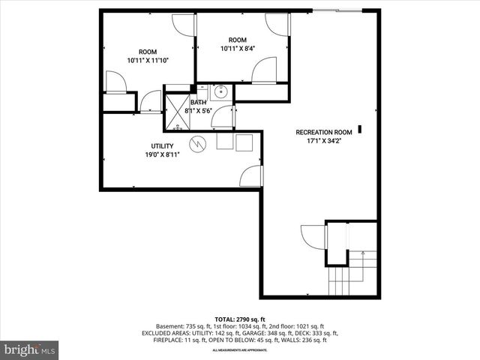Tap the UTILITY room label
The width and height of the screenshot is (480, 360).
163,146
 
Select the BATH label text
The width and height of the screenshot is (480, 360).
198,103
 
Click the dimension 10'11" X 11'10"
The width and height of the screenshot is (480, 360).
148,60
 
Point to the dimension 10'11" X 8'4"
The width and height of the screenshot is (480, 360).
237,49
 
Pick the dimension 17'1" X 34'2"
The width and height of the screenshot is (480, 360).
322,140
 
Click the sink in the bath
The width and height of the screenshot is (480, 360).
220,93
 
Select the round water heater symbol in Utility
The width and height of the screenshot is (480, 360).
197,142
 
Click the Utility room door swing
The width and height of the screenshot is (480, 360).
251,177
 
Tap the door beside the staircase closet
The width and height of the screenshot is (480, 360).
313,235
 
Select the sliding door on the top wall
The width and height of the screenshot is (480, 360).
337,10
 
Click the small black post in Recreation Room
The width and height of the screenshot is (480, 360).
360,129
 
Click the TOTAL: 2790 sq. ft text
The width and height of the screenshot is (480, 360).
239,319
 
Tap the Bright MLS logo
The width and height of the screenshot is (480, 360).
30,349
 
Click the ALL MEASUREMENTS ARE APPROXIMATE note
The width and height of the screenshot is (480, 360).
239,350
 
